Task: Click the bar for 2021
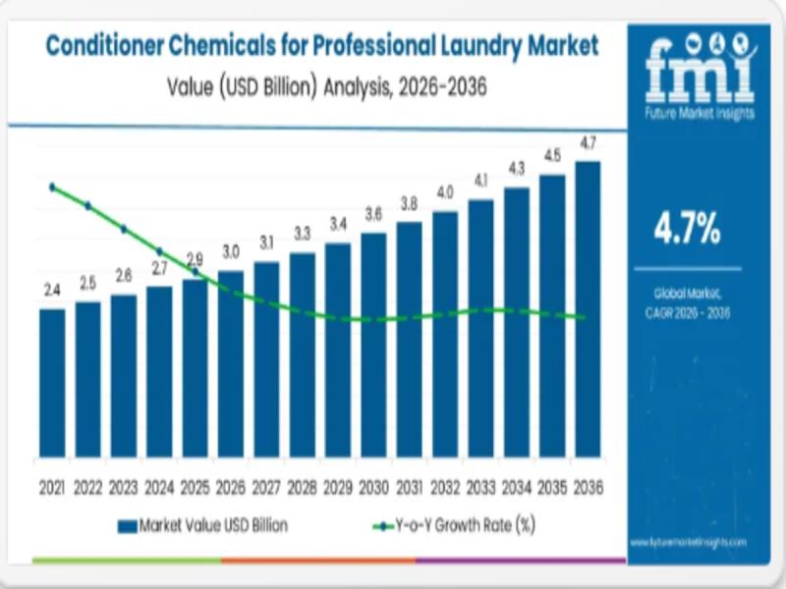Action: tap(52, 383)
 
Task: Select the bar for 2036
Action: tap(588, 309)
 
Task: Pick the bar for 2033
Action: tap(480, 328)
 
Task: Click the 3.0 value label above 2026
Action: tap(231, 251)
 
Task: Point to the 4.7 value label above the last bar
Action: tap(588, 143)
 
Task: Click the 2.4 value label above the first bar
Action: tap(52, 290)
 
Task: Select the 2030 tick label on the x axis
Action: tap(373, 487)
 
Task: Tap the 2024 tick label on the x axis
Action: tap(159, 487)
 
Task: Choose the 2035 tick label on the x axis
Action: tap(552, 487)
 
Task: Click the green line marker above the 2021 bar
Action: tap(52, 187)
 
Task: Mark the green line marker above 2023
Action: tap(124, 229)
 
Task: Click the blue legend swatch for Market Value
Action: tap(126, 526)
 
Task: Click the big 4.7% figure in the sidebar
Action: tap(687, 231)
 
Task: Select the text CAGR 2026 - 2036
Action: tap(687, 312)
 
